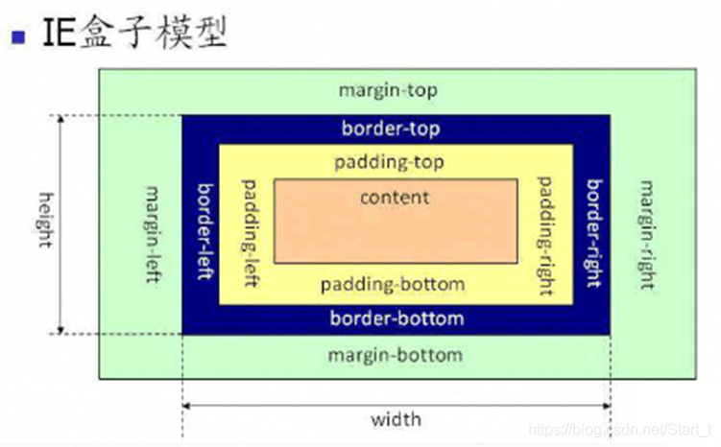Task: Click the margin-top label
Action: [388, 90]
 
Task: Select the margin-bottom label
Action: [395, 355]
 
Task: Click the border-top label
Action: [391, 128]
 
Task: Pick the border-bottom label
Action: [397, 318]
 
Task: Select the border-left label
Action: [204, 229]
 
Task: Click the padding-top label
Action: [389, 162]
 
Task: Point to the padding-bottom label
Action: [393, 284]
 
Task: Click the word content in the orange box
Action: [395, 198]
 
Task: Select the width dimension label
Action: [396, 419]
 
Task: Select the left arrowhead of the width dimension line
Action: [186, 406]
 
